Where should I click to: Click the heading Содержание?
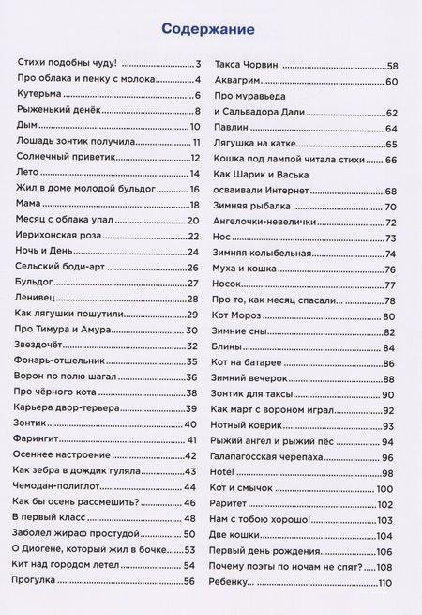[x=208, y=30]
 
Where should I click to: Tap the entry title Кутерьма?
[x=38, y=95]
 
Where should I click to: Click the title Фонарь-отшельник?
[x=59, y=361]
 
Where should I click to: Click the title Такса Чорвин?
[x=248, y=65]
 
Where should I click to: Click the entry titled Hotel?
[x=225, y=472]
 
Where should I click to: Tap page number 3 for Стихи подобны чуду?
[x=199, y=64]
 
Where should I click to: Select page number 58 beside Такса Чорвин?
[x=393, y=65]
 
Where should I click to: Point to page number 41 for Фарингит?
[x=191, y=439]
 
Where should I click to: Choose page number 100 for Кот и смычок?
[x=384, y=488]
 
